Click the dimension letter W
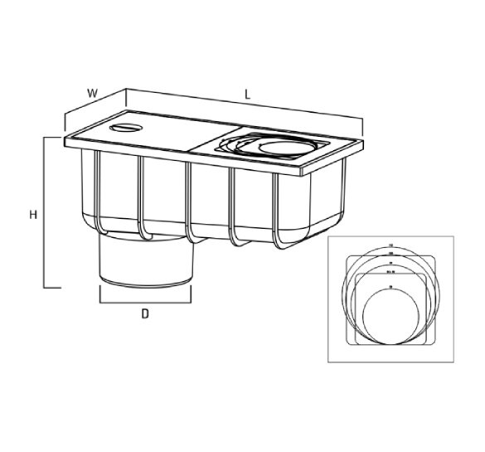pyautogui.click(x=93, y=93)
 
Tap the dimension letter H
pyautogui.click(x=32, y=214)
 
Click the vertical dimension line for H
pyautogui.click(x=45, y=213)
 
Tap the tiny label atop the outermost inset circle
pyautogui.click(x=389, y=246)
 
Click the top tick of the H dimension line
pyautogui.click(x=54, y=138)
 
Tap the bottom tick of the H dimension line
pyautogui.click(x=54, y=289)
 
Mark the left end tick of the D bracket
pyautogui.click(x=100, y=294)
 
